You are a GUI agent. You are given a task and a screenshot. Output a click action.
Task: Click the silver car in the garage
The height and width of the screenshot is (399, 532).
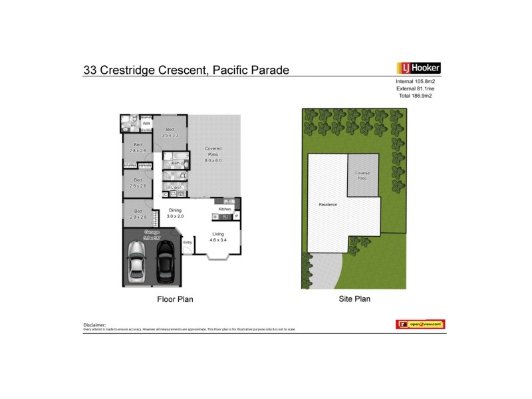(137, 261)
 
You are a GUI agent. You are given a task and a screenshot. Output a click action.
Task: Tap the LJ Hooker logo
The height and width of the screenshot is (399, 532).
(418, 68)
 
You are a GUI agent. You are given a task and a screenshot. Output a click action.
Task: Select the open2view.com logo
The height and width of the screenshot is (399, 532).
(420, 324)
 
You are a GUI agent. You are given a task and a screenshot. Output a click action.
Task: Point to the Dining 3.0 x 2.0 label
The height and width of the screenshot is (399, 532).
(175, 213)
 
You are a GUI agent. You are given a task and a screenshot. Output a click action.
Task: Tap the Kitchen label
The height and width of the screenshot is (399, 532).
(224, 209)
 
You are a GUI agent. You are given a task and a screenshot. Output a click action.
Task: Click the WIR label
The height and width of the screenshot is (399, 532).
(146, 124)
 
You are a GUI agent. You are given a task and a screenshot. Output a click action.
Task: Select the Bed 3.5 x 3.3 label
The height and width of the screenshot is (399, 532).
(170, 132)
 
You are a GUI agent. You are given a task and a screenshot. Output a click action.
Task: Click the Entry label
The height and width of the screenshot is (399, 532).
(188, 242)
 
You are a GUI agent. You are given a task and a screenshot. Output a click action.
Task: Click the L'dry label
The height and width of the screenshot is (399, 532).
(174, 188)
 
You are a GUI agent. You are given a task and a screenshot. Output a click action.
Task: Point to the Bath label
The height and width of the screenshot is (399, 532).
(176, 163)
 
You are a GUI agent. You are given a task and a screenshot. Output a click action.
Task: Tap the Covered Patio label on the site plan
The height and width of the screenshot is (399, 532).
(362, 176)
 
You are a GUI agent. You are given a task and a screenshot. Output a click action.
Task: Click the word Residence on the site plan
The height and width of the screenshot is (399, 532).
(327, 204)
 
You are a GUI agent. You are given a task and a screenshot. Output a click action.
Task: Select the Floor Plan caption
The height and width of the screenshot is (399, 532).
(174, 299)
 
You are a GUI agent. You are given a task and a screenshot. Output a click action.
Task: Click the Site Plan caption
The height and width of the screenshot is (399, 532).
(354, 299)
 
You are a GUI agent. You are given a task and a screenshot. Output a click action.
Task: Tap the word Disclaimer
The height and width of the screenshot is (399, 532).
(94, 324)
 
